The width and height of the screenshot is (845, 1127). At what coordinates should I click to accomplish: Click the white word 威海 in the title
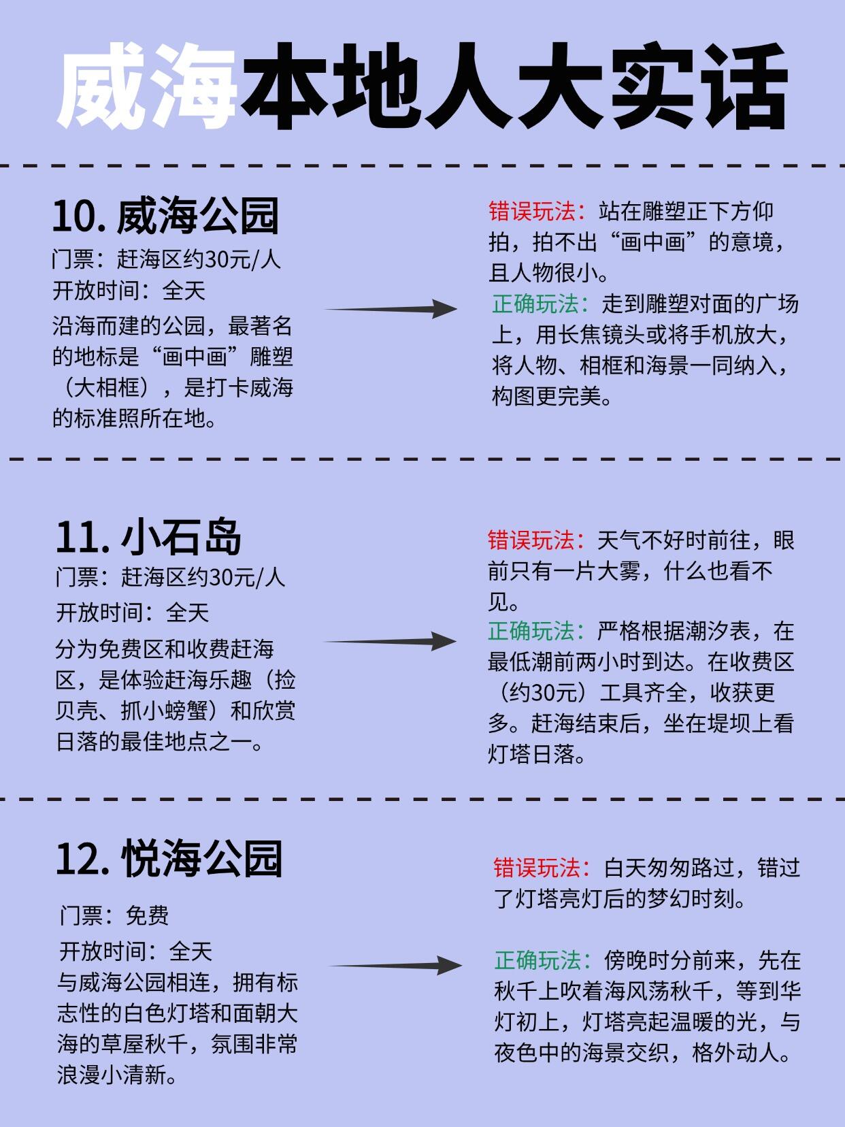pos(147,87)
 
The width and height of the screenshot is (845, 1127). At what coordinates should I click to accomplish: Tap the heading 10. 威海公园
pos(165,216)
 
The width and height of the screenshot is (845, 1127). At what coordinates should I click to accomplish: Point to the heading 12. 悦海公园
pos(168,858)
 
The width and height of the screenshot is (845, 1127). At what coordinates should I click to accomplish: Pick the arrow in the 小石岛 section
pos(389,641)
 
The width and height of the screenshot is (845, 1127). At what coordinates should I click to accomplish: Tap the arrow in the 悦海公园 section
pos(395,965)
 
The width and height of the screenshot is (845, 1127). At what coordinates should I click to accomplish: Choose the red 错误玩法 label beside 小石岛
pos(535,540)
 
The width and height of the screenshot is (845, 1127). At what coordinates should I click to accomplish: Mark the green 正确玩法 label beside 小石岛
pos(535,632)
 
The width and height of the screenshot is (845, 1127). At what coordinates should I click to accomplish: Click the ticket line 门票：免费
pos(114,915)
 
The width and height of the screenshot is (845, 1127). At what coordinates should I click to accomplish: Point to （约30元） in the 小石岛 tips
pos(543,693)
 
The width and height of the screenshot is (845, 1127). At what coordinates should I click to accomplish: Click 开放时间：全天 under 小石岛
pos(132,612)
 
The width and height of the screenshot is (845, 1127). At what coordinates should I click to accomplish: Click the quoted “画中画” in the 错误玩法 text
pos(652,243)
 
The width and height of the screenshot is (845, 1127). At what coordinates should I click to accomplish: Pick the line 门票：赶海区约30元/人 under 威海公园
pos(167,259)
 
